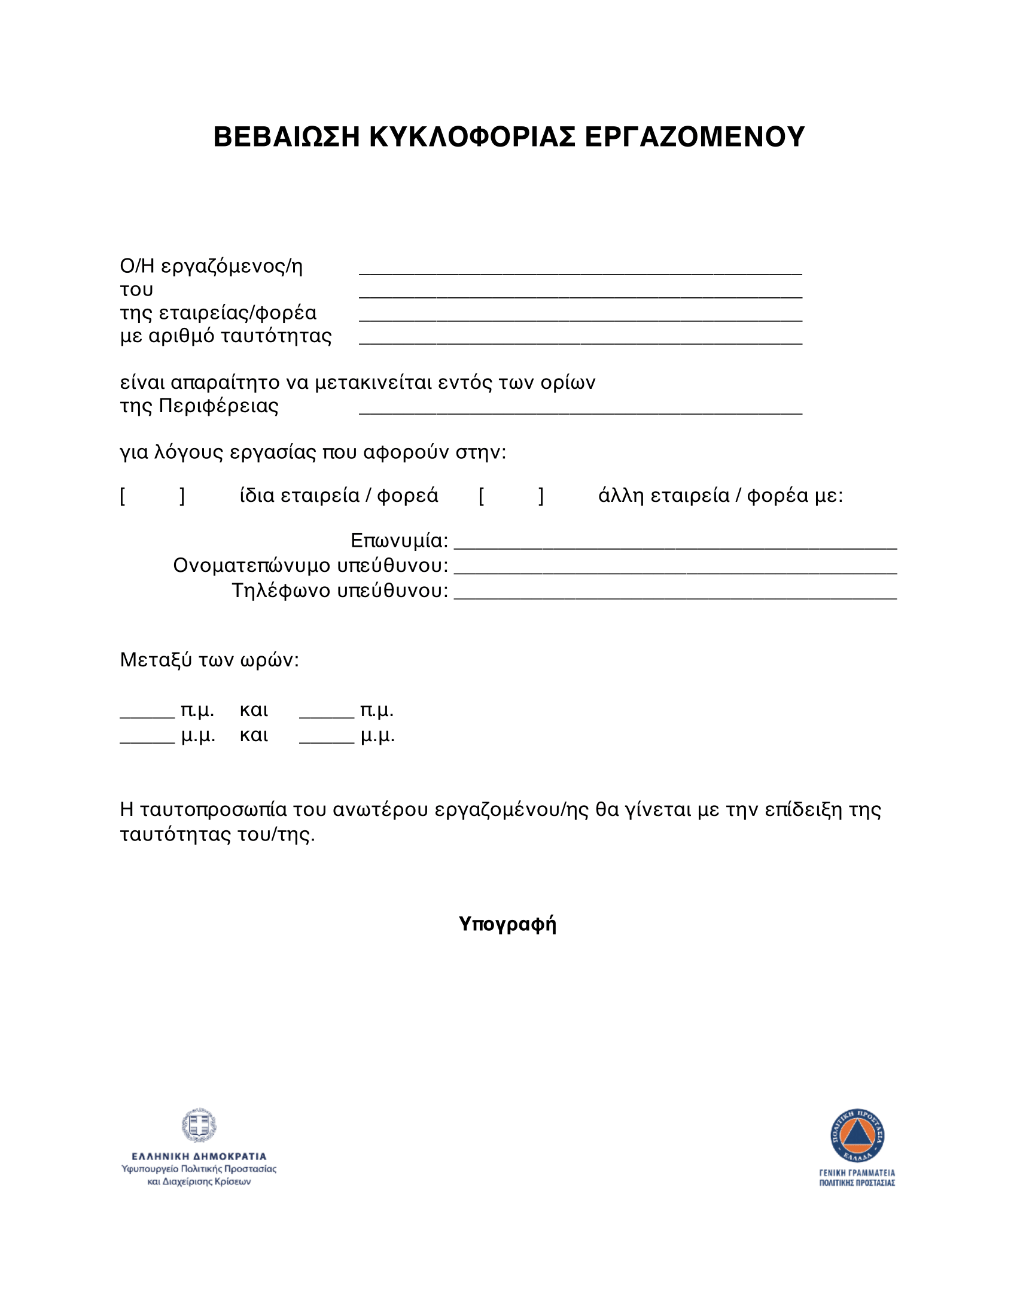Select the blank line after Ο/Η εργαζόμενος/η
tap(580, 270)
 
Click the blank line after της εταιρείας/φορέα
tap(580, 318)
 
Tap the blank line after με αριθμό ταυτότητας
tap(580, 340)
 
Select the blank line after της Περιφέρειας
tap(580, 410)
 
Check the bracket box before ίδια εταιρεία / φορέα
tap(153, 496)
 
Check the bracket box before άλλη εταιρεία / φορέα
tap(511, 496)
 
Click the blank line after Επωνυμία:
tap(675, 546)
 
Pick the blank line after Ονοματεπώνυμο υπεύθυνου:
tap(675, 570)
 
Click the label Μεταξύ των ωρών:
tap(209, 660)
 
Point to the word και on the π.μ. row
tap(254, 711)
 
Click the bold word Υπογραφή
tap(507, 923)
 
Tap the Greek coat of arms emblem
tap(199, 1125)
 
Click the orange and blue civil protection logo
tap(857, 1136)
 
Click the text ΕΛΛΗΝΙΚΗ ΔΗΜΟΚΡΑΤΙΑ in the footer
tap(199, 1156)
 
